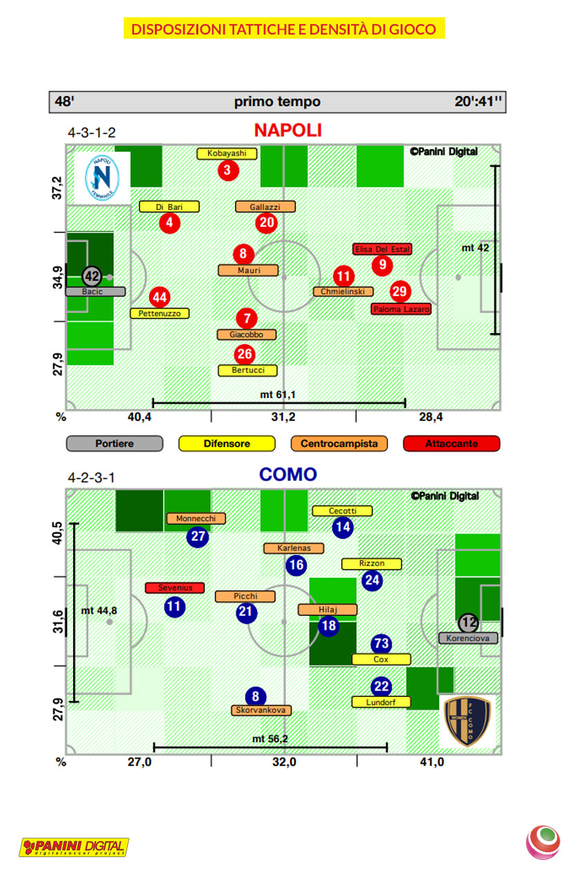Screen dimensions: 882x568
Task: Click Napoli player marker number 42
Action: [91, 276]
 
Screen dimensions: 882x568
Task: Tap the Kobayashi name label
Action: [227, 153]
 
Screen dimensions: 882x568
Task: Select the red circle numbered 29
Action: [399, 292]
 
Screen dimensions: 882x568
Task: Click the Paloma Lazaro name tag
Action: [401, 309]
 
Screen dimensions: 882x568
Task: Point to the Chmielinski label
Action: [343, 292]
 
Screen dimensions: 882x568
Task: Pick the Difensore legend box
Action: [227, 444]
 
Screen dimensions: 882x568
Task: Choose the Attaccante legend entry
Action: [451, 444]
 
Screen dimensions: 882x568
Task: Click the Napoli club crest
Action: [102, 177]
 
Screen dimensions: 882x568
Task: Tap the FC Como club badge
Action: [468, 721]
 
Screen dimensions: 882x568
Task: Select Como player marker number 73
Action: [381, 644]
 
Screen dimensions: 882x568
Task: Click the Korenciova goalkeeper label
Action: [468, 638]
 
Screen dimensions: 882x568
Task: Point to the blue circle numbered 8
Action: [255, 697]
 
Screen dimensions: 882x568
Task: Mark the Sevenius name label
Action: [175, 588]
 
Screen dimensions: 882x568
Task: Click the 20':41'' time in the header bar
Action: [479, 102]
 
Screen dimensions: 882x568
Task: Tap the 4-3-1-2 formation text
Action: [91, 132]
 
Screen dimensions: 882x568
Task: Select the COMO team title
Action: [287, 474]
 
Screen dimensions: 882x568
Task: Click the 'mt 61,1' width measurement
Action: [278, 395]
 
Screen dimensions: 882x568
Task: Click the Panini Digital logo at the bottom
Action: [74, 847]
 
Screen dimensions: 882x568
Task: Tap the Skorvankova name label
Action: [261, 710]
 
